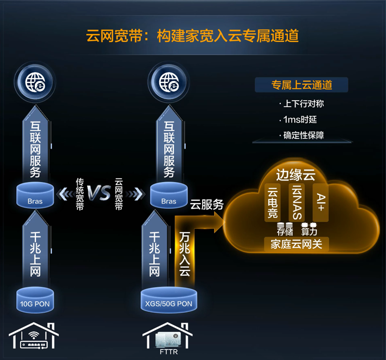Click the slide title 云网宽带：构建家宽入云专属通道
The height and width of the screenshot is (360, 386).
tap(193, 36)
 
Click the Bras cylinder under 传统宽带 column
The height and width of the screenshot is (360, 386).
tap(35, 196)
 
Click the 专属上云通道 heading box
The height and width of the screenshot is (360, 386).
tap(301, 85)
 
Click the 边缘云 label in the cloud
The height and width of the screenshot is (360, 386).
tap(295, 175)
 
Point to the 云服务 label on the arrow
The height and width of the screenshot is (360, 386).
tap(207, 205)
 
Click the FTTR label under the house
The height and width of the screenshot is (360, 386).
tap(168, 351)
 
